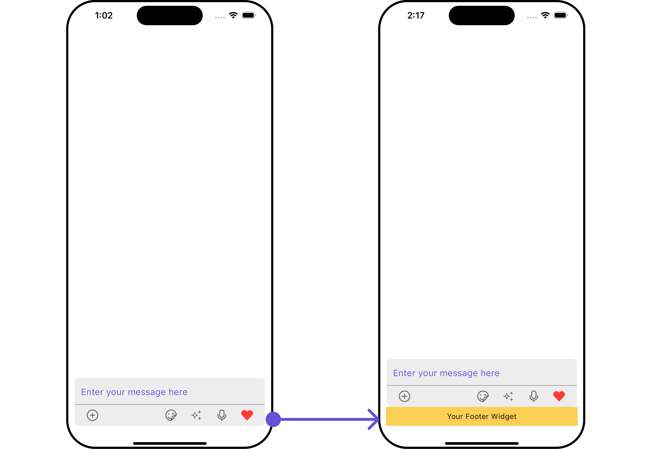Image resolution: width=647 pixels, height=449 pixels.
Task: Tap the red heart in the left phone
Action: click(247, 415)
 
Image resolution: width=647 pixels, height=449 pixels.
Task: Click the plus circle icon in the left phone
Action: click(92, 415)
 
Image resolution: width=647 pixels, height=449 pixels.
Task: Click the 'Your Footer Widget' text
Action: click(482, 416)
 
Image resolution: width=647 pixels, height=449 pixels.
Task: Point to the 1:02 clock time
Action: click(104, 16)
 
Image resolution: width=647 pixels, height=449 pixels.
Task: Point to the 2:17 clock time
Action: click(416, 16)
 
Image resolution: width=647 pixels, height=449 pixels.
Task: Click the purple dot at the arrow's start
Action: click(273, 419)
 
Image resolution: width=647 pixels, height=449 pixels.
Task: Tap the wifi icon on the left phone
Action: click(233, 15)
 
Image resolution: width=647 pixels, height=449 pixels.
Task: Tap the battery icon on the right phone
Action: click(561, 15)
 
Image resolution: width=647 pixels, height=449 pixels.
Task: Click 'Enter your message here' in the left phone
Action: click(134, 392)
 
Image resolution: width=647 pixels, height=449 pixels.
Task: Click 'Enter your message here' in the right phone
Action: click(446, 373)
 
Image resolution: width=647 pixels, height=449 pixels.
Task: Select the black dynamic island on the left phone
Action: click(170, 16)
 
